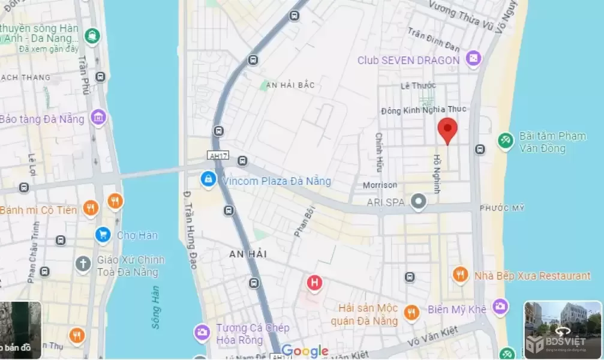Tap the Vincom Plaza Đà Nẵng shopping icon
coord(208,179)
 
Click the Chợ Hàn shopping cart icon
coord(103,235)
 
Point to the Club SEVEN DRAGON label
coord(408,60)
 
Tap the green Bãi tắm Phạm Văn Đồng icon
coord(505,140)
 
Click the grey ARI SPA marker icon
coord(419,202)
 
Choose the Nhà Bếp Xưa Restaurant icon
coord(460,275)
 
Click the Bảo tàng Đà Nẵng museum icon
coord(98,118)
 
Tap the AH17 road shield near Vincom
coord(218,155)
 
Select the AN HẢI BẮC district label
coord(290,85)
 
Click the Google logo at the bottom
coord(305,351)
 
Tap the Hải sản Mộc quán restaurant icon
coord(411,312)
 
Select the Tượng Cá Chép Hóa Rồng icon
coord(202,332)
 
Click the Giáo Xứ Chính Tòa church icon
coord(83,263)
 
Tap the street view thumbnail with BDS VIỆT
coord(563,329)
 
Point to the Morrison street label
coord(380,185)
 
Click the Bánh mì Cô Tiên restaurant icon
coord(91,208)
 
